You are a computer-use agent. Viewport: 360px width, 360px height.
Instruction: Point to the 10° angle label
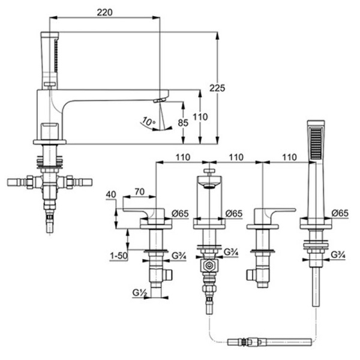[147, 122]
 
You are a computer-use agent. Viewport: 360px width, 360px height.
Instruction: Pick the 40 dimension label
[110, 195]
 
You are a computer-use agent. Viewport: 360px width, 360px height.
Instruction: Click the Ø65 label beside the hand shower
[340, 213]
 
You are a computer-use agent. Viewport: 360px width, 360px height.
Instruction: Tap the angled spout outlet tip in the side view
[160, 100]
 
